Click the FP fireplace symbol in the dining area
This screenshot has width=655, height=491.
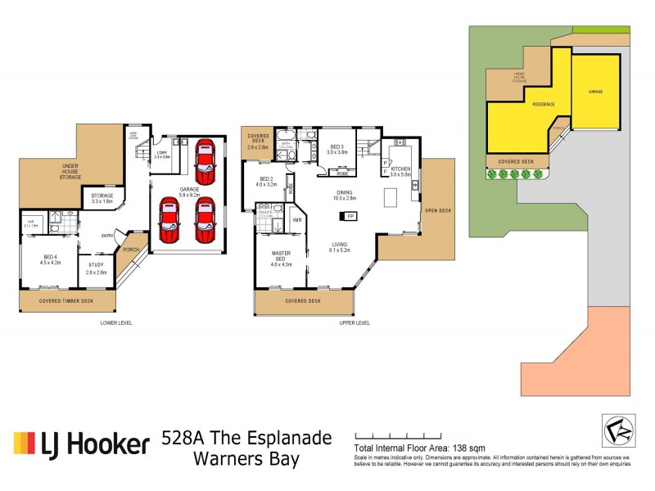[350, 216]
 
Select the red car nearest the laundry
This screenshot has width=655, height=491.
[203, 161]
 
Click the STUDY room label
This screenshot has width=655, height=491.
[96, 267]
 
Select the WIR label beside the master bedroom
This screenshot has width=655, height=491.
[297, 219]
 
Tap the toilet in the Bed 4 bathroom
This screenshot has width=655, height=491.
[55, 217]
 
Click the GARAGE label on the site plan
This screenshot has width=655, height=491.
[595, 91]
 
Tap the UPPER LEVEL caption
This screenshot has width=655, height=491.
[355, 322]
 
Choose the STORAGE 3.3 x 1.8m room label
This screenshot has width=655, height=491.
[102, 199]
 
